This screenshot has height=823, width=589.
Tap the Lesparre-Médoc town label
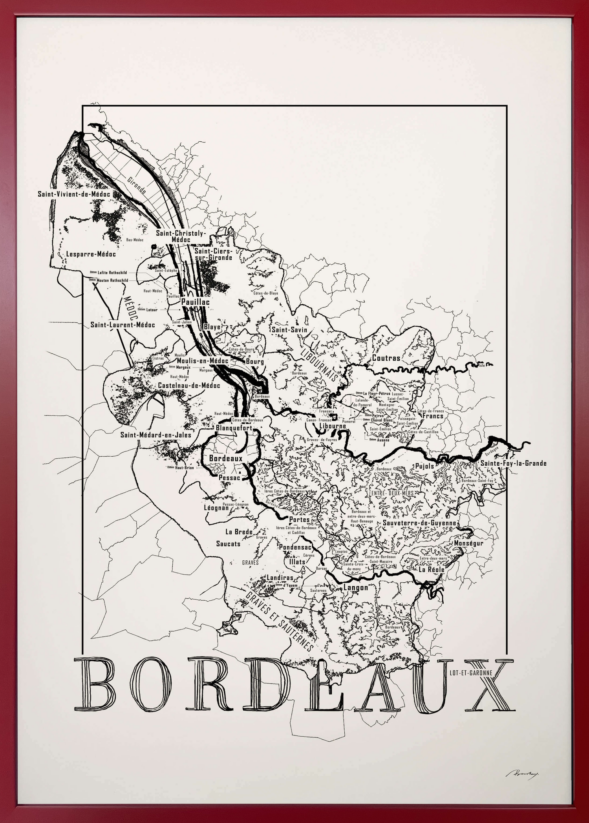pos(91,254)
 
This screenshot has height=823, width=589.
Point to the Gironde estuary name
pos(137,185)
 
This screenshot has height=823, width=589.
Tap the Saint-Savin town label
pos(289,330)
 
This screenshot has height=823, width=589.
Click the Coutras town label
pos(386,358)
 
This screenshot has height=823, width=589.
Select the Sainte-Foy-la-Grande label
pos(514,463)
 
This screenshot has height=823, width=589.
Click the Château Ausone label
pos(380,440)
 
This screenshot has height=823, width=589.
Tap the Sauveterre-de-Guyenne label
pos(419,523)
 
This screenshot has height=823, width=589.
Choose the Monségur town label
pos(468,543)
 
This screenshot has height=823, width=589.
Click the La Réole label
pos(431,569)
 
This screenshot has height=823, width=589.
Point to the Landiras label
pos(280,578)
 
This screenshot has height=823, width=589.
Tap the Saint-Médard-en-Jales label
pos(156,435)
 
